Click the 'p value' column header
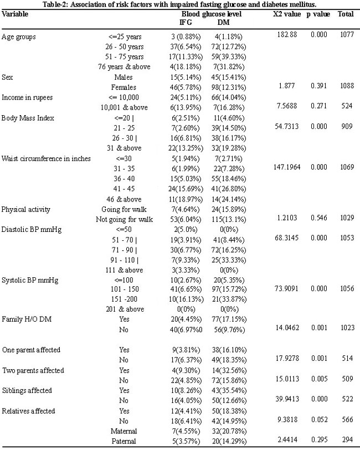pyautogui.click(x=318, y=14)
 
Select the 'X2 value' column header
pyautogui.click(x=287, y=14)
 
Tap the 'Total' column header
pyautogui.click(x=346, y=14)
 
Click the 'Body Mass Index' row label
pyautogui.click(x=28, y=118)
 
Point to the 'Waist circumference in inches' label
pyautogui.click(x=46, y=159)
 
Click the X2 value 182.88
pyautogui.click(x=287, y=34)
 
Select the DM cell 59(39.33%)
pyautogui.click(x=229, y=57)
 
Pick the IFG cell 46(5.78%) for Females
pyautogui.click(x=186, y=87)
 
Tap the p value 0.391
pyautogui.click(x=318, y=86)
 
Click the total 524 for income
pyautogui.click(x=347, y=106)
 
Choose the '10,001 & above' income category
pyautogui.click(x=124, y=107)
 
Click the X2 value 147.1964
pyautogui.click(x=287, y=167)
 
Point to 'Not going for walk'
pyautogui.click(x=124, y=220)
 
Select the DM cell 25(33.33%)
pyautogui.click(x=229, y=260)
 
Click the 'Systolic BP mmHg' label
pyautogui.click(x=30, y=280)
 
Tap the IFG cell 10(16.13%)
pyautogui.click(x=186, y=299)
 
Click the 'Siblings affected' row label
pyautogui.click(x=27, y=391)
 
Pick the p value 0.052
pyautogui.click(x=319, y=420)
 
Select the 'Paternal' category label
pyautogui.click(x=124, y=441)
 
